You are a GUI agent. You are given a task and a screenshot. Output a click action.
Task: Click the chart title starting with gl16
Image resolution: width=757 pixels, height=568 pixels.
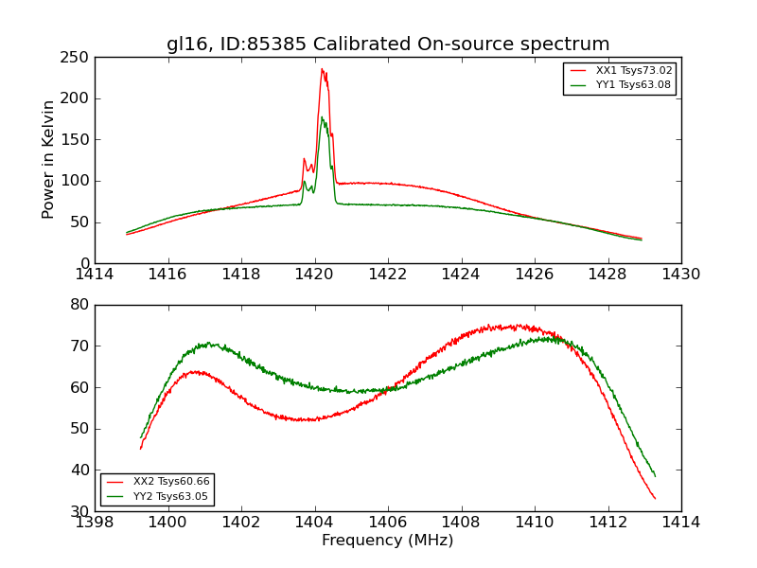388,44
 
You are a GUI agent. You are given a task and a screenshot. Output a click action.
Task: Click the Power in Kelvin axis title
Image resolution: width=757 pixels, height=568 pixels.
48,159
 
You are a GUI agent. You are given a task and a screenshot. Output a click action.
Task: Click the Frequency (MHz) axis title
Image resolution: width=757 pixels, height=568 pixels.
388,541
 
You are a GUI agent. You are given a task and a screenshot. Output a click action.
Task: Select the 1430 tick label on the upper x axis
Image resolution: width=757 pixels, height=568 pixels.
681,274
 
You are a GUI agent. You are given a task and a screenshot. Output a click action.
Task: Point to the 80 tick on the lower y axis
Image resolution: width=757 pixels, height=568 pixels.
79,305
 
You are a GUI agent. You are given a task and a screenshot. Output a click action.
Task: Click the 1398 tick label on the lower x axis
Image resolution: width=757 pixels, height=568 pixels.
95,522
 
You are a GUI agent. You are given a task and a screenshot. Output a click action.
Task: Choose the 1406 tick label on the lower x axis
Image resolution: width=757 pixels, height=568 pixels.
388,522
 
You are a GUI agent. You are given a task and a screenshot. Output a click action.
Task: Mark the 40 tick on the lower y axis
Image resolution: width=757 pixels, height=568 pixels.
79,470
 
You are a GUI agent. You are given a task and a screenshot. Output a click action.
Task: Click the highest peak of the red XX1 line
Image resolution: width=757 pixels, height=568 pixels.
322,68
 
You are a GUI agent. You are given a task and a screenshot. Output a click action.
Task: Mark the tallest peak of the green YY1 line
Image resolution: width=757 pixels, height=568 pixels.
322,116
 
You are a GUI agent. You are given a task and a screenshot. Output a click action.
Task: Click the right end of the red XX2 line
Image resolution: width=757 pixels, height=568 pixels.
655,499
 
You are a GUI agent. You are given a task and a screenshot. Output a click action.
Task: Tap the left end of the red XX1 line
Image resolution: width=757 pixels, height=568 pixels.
127,234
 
